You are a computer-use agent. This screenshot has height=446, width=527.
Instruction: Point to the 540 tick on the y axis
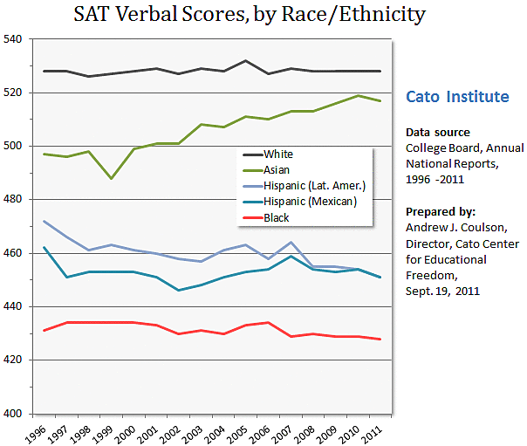(x=16, y=39)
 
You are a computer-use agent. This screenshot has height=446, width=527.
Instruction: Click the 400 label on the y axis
(x=16, y=414)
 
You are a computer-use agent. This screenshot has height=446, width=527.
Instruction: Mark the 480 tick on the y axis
(x=16, y=200)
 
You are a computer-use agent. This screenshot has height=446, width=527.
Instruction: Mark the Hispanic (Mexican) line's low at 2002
(x=179, y=290)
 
